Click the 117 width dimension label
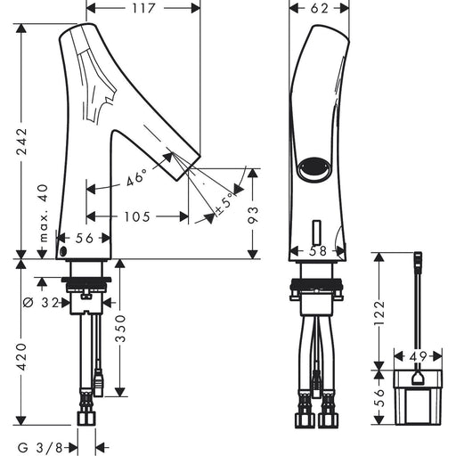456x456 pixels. pos(143,8)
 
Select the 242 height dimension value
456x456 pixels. pos(21,141)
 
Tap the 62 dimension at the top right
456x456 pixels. pos(320,8)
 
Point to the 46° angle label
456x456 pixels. pos(136,177)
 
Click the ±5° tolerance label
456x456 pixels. pos(224,206)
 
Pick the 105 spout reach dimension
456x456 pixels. pos(137,216)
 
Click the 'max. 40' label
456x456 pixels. pos(43,213)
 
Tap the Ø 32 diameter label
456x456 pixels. pos(41,303)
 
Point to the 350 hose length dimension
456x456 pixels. pos(120,329)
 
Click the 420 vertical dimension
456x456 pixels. pos(21,357)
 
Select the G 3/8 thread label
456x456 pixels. pos(40,447)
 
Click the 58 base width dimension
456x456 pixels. pos(318,251)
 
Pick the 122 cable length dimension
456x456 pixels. pos(379,313)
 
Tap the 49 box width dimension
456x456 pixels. pos(418,356)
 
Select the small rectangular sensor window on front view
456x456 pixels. pos(317,232)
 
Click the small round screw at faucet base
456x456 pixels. pos(63,251)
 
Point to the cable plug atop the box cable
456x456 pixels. pos(418,259)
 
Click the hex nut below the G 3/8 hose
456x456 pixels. pos(86,418)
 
